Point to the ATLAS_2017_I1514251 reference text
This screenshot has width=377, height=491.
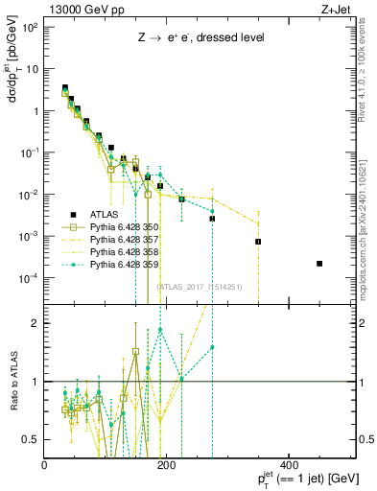coord(199,287)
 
